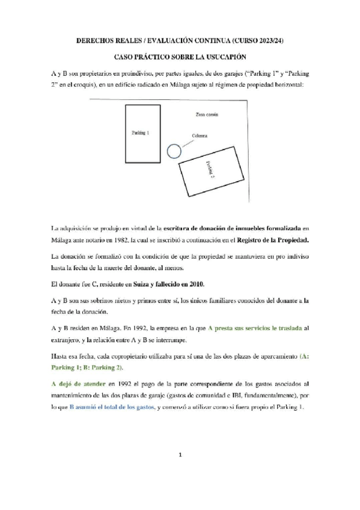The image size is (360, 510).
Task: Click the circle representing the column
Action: point(174,152)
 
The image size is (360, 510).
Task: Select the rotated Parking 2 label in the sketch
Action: point(210,169)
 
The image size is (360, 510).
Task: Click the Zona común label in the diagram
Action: point(207,114)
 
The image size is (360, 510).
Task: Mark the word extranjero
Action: point(69,340)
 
